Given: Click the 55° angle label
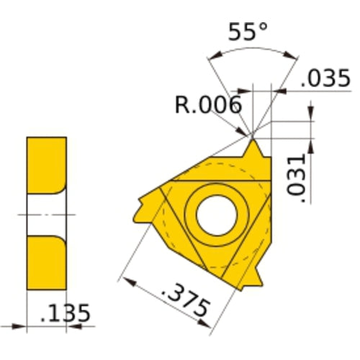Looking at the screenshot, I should click(x=248, y=32).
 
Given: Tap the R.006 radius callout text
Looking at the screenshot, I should click(x=207, y=104).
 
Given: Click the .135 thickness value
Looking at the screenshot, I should click(x=65, y=315).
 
